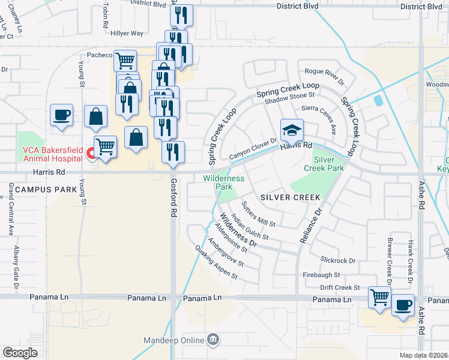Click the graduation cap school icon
click(x=292, y=130)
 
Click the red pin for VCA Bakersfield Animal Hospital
click(x=91, y=154)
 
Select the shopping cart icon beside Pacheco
click(x=125, y=60)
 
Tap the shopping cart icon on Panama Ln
click(x=379, y=297)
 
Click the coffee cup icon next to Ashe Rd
click(x=403, y=305)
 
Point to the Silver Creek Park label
click(x=328, y=164)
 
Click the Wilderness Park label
click(x=224, y=182)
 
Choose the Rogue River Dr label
click(x=324, y=76)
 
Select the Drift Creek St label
click(x=339, y=288)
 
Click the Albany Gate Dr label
click(x=14, y=264)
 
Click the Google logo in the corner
click(x=20, y=353)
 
